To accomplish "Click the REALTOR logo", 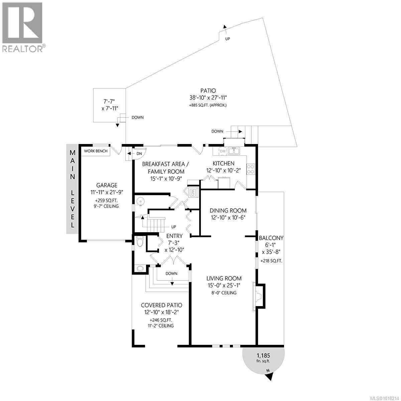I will [x=23, y=27].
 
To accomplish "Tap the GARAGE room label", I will [x=107, y=185].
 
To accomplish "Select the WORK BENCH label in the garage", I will [x=96, y=151].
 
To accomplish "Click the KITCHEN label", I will [x=224, y=163].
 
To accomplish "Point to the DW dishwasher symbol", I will [x=223, y=151].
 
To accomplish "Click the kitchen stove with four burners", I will [x=251, y=169].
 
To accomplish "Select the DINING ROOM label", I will [x=228, y=211].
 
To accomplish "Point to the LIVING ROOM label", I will [x=224, y=278].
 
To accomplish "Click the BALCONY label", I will [x=271, y=238].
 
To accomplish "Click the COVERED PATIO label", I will [x=161, y=305].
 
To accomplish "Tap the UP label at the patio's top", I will [x=228, y=39].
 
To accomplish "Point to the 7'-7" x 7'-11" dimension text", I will [x=110, y=105].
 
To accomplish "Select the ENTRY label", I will [x=174, y=236].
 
